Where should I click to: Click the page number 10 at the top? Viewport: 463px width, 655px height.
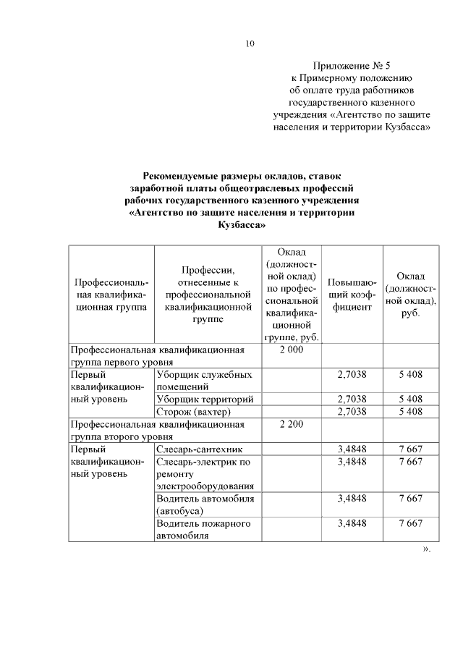(250, 43)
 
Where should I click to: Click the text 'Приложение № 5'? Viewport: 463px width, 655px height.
(350, 65)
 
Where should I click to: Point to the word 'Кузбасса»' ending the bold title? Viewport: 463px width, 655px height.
(242, 225)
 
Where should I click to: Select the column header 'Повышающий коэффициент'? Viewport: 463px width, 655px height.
(351, 294)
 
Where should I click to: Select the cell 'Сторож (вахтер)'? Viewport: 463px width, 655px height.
(189, 412)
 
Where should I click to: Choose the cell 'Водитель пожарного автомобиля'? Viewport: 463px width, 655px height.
(204, 529)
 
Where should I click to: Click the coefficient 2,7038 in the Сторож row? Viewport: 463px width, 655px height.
(352, 412)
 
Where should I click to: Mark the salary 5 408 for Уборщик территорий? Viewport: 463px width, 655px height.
(410, 400)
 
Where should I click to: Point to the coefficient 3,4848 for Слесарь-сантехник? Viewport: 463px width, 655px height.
(352, 449)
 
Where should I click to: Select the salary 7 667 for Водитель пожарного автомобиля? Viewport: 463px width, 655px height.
(410, 523)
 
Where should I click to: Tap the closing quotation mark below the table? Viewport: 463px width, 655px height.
(426, 549)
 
